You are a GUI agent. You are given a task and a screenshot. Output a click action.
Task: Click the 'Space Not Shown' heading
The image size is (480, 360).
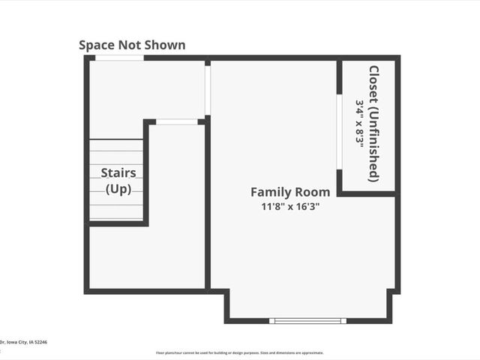coord(132,45)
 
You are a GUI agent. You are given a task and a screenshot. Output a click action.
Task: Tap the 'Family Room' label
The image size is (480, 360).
coord(289,192)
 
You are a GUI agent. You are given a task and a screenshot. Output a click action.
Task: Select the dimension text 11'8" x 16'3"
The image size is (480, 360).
coord(289,207)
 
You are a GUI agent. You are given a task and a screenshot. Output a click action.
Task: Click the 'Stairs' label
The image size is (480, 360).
coord(118,173)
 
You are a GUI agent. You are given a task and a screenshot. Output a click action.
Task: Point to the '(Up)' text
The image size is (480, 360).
coord(118,189)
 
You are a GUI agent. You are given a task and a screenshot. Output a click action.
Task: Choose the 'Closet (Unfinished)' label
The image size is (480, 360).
coord(373,124)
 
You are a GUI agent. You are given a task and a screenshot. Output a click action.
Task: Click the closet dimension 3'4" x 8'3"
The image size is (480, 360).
coord(360,124)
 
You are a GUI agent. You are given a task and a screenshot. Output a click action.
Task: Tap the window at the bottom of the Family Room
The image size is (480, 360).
coord(309,321)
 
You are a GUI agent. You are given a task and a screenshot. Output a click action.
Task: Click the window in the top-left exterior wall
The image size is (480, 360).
coord(119,58)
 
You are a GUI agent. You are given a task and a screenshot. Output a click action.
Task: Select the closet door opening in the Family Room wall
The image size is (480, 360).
coord(340,132)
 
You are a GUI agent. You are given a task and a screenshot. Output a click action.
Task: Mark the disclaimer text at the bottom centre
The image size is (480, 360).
coord(240,352)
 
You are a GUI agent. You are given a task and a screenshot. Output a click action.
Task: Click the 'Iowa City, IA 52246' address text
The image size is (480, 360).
coord(27,341)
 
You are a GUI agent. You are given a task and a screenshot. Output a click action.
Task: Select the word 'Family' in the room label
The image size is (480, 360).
coord(268,192)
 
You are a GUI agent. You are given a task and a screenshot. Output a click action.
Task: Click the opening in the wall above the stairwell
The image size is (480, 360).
coord(178,121)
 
